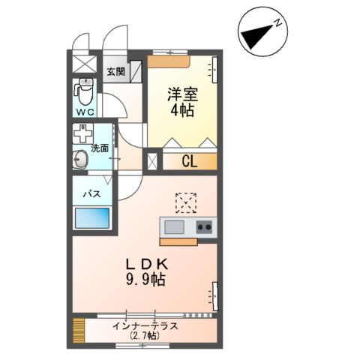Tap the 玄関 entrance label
point(115,72)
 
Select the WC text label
point(85,111)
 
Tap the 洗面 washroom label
point(100,148)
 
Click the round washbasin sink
point(81,160)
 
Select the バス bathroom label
point(91,194)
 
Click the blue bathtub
point(92,220)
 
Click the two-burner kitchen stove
point(205,227)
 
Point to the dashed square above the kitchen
point(184,202)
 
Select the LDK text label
point(145,264)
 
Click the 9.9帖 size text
point(145,280)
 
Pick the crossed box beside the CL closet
point(153,160)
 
